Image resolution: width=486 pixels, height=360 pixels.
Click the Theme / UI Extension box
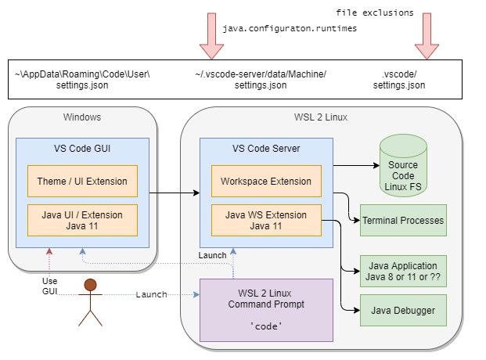click(82, 181)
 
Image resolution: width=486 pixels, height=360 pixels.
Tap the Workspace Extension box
click(266, 181)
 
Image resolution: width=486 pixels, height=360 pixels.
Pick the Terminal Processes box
click(403, 221)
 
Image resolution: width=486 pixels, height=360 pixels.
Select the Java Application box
click(403, 270)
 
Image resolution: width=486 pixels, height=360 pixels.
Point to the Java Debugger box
click(403, 311)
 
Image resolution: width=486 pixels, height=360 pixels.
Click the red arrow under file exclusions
click(427, 36)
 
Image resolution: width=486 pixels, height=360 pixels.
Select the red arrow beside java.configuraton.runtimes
click(211, 36)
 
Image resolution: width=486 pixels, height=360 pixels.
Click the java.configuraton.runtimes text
click(290, 28)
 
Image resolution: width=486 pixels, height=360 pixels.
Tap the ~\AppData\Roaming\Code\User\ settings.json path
click(82, 79)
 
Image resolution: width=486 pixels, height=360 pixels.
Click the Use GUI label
click(49, 286)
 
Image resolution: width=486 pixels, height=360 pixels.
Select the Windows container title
click(82, 117)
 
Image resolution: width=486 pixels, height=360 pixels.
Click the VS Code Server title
click(266, 148)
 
